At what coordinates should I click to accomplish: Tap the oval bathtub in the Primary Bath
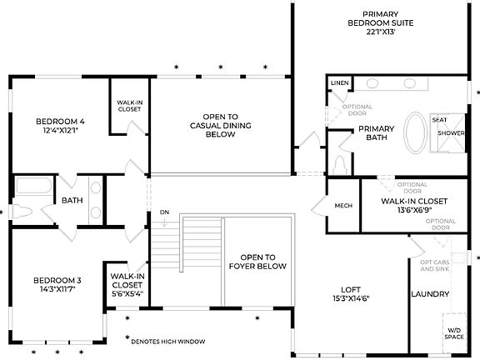click(414, 132)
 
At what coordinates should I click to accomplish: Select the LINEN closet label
click(339, 83)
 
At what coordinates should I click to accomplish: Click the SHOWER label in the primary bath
click(451, 133)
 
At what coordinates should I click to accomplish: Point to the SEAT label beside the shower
click(439, 119)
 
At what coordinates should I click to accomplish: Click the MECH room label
click(343, 206)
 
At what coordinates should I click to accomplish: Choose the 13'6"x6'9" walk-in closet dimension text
click(414, 211)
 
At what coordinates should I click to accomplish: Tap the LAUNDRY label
click(431, 294)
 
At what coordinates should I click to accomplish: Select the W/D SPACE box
click(453, 333)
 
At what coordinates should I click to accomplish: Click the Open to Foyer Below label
click(257, 262)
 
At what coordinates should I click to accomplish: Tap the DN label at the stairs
click(165, 212)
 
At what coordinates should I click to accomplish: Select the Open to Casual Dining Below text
click(220, 125)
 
